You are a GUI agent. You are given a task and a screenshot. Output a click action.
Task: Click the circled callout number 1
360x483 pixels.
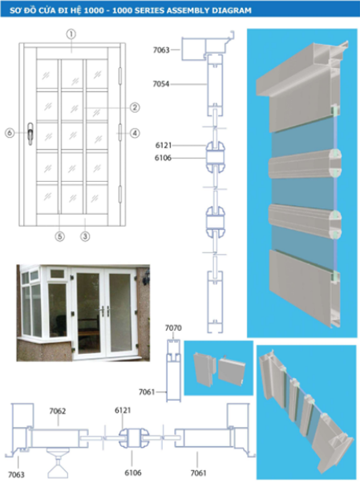(71, 34)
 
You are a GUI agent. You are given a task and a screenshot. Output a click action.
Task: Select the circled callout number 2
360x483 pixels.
(135, 107)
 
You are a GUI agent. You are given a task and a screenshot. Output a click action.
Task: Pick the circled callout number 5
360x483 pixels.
(59, 236)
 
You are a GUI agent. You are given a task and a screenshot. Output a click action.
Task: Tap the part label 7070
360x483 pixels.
(174, 328)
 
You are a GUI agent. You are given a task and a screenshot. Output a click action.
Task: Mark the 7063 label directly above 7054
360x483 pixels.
(162, 50)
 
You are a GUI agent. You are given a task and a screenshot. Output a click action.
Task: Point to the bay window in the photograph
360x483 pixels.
(38, 307)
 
